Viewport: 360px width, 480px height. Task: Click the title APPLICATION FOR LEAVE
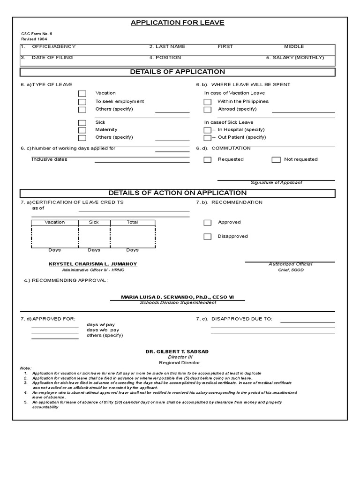click(177, 22)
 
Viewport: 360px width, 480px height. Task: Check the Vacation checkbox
click(82, 94)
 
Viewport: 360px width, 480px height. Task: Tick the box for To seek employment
click(82, 102)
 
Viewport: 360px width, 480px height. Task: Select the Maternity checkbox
click(82, 130)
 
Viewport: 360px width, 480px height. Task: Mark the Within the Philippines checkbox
click(207, 102)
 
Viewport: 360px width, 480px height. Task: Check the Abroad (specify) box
click(207, 110)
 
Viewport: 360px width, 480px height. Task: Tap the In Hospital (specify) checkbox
click(207, 130)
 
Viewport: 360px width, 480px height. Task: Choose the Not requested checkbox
click(276, 160)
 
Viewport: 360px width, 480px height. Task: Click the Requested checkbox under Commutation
click(207, 160)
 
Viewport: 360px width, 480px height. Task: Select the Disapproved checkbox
click(207, 237)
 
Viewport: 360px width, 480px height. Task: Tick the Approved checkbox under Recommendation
click(207, 223)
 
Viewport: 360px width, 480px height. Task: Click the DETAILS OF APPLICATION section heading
click(177, 72)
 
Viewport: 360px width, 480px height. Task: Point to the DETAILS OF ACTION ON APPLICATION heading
click(177, 193)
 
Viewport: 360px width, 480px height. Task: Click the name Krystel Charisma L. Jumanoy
click(93, 264)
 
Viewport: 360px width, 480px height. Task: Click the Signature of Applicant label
click(276, 183)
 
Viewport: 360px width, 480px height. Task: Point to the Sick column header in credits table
click(94, 222)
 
